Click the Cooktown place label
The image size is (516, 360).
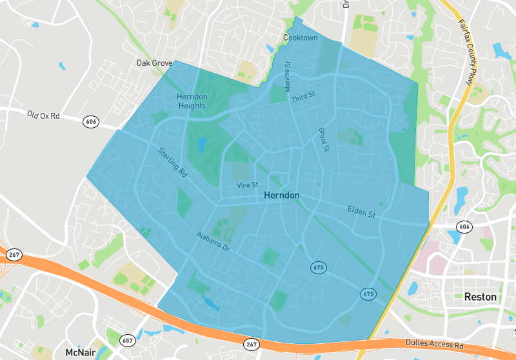click(x=301, y=38)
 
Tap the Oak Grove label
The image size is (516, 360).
click(x=154, y=63)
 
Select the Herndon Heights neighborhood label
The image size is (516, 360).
click(x=192, y=101)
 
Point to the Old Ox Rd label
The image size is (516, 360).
click(x=43, y=115)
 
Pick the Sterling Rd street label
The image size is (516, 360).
click(x=172, y=162)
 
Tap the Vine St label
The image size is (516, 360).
click(x=247, y=185)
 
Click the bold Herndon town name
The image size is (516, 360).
click(x=282, y=195)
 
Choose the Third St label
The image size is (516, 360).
click(x=303, y=97)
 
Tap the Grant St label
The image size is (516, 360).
click(x=324, y=139)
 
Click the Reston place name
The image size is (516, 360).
click(x=481, y=297)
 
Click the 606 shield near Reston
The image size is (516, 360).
click(x=464, y=226)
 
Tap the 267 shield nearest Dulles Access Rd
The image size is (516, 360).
click(x=252, y=345)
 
